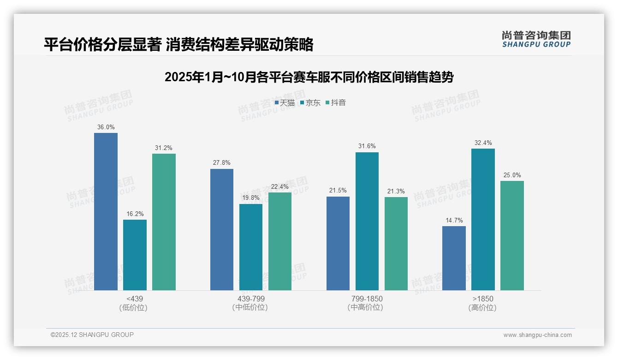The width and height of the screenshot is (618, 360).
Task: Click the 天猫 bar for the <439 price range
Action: pyautogui.click(x=106, y=211)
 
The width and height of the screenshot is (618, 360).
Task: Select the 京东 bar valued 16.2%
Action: pyautogui.click(x=135, y=255)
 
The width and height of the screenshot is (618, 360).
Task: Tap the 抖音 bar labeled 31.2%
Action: pyautogui.click(x=164, y=222)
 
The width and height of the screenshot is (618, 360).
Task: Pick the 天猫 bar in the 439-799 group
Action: pyautogui.click(x=222, y=229)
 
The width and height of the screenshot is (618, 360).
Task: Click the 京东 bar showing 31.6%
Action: pyautogui.click(x=367, y=221)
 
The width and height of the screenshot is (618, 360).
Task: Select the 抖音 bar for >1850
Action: pyautogui.click(x=512, y=235)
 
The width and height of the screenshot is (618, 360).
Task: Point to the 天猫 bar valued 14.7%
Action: pyautogui.click(x=454, y=258)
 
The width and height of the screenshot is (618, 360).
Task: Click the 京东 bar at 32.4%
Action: pyautogui.click(x=483, y=219)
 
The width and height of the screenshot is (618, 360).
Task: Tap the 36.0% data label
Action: pyautogui.click(x=106, y=127)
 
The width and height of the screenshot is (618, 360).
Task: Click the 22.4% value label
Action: pyautogui.click(x=280, y=186)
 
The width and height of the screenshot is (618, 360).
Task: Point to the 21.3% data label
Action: pyautogui.click(x=396, y=191)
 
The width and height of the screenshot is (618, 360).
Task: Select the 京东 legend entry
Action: pyautogui.click(x=310, y=103)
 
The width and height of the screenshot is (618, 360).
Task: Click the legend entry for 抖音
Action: pyautogui.click(x=336, y=103)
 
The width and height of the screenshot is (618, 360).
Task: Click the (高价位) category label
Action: pyautogui.click(x=482, y=308)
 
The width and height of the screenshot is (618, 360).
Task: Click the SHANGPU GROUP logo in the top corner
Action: pyautogui.click(x=536, y=39)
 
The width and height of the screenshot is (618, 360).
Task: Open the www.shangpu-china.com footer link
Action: pyautogui.click(x=537, y=335)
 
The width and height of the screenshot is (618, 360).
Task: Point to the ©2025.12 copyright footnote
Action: pyautogui.click(x=92, y=335)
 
